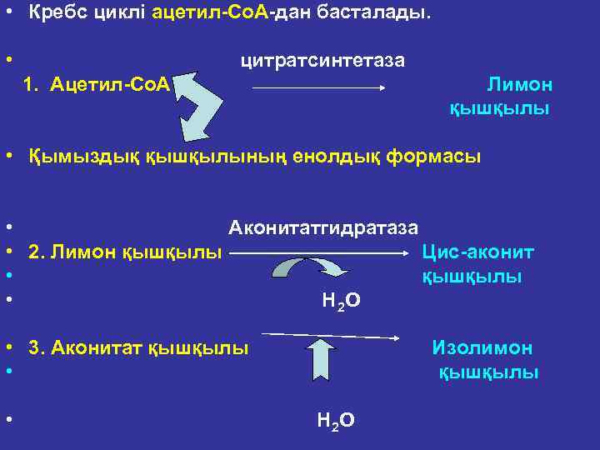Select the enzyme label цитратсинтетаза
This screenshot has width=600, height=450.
(x=322, y=61)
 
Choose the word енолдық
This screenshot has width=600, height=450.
(x=339, y=156)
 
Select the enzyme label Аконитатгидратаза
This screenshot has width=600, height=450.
(x=323, y=227)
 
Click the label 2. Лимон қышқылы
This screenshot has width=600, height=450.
(x=125, y=251)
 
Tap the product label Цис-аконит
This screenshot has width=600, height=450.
(x=478, y=251)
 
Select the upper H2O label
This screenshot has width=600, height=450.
(x=340, y=300)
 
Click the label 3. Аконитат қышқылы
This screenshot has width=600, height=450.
(x=138, y=347)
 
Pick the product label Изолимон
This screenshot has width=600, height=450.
(x=482, y=347)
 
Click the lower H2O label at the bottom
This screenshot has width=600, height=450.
(x=336, y=421)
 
